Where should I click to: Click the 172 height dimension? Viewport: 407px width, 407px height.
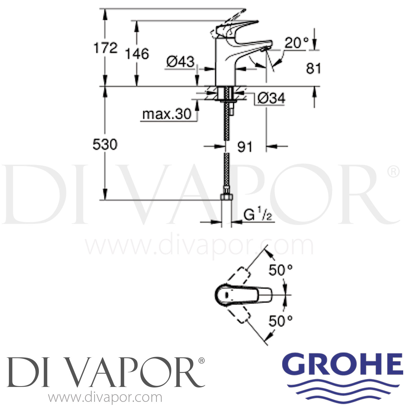(x=106, y=48)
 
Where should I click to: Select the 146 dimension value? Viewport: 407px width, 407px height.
(x=137, y=54)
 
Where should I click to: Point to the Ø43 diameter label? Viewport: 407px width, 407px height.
(x=180, y=62)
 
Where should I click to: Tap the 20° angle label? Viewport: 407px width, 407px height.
(x=297, y=43)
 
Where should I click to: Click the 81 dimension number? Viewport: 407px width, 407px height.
(x=313, y=68)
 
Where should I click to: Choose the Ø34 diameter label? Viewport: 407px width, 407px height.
(x=271, y=98)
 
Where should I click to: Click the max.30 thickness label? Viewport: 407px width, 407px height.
(x=167, y=114)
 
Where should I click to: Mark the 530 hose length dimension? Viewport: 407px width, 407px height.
(x=105, y=145)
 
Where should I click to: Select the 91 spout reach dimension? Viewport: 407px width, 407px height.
(x=245, y=147)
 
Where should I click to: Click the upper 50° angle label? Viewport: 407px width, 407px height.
(x=281, y=270)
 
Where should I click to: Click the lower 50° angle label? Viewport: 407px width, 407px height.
(x=281, y=321)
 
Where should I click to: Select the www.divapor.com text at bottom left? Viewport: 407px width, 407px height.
(x=105, y=398)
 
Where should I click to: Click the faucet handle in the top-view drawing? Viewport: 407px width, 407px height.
(x=244, y=294)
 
